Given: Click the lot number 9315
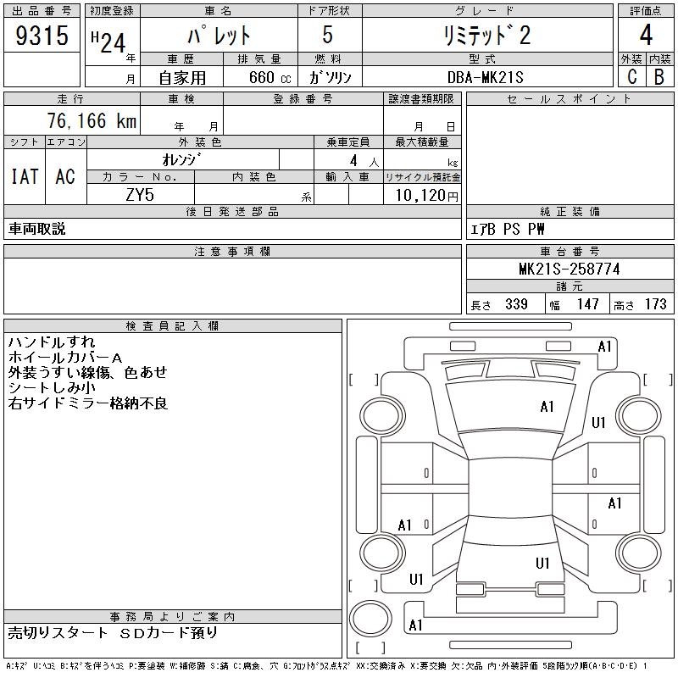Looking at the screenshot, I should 42,36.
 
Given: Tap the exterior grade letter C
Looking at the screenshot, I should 631,77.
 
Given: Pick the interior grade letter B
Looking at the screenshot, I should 659,77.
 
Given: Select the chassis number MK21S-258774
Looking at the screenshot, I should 569,270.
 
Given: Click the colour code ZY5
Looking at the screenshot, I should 139,194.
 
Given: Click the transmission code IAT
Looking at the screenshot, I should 24,176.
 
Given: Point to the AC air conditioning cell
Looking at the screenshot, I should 64,176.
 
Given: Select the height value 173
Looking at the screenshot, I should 655,304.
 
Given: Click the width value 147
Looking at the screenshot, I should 586,304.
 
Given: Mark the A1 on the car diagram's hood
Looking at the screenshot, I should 547,407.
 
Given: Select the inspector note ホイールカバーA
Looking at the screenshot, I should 65,358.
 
